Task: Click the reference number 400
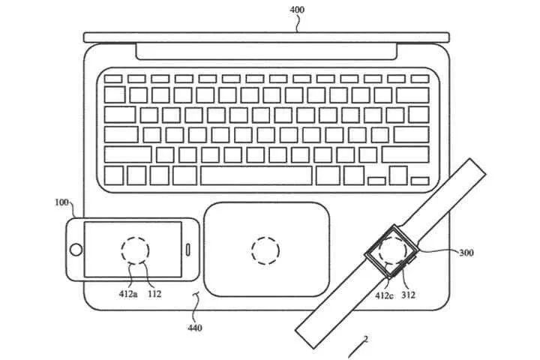(297, 9)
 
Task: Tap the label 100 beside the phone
(61, 202)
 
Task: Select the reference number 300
(466, 253)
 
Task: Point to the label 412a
(128, 294)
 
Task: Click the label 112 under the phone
(154, 294)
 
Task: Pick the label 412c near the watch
(384, 295)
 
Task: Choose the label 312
(408, 295)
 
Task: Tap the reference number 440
(194, 328)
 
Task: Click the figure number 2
(366, 339)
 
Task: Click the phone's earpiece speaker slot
(188, 250)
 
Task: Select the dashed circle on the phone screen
(135, 250)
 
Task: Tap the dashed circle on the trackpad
(265, 250)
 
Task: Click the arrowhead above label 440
(197, 293)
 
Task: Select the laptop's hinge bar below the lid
(266, 51)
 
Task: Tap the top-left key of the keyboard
(113, 79)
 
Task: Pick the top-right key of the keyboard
(420, 79)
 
